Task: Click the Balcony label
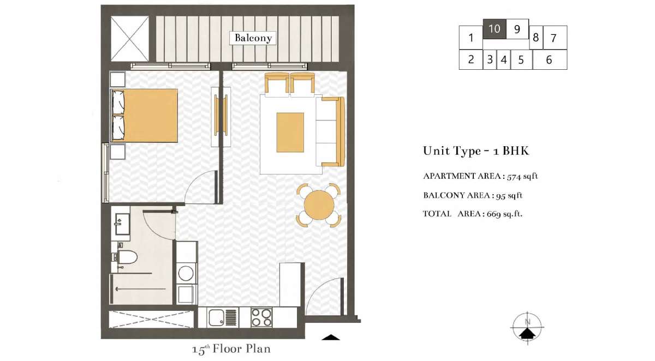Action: pyautogui.click(x=253, y=38)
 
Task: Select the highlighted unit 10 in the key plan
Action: pyautogui.click(x=494, y=29)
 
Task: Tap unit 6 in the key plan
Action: pyautogui.click(x=550, y=59)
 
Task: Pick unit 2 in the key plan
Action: pyautogui.click(x=471, y=59)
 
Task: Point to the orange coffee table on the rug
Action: pyautogui.click(x=290, y=133)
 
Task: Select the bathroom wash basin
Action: pyautogui.click(x=122, y=224)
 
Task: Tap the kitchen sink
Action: pyautogui.click(x=216, y=317)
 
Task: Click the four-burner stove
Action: pyautogui.click(x=261, y=317)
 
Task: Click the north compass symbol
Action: pyautogui.click(x=527, y=327)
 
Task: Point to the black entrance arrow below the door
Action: pyautogui.click(x=331, y=338)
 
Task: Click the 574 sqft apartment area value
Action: pyautogui.click(x=522, y=177)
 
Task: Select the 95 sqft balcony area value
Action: pyautogui.click(x=509, y=195)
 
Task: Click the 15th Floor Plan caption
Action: pyautogui.click(x=231, y=349)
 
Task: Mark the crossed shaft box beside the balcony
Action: pyautogui.click(x=129, y=39)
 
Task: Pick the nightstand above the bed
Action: pyautogui.click(x=118, y=80)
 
